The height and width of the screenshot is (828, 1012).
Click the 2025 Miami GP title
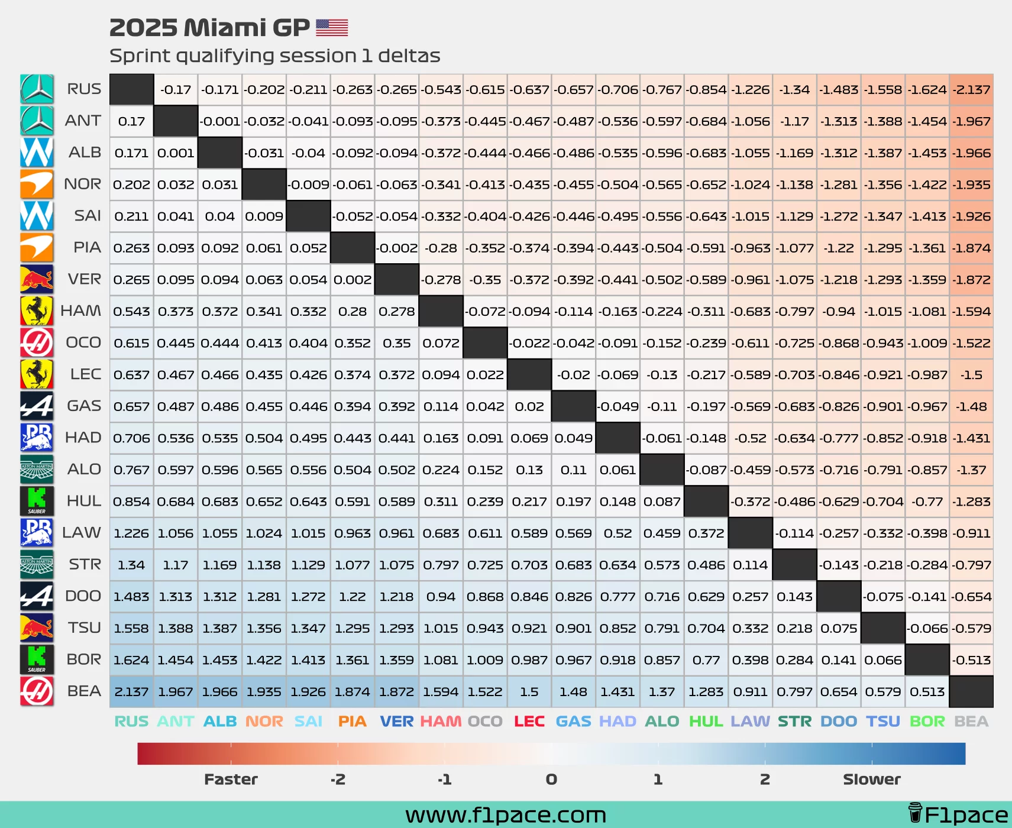pos(209,28)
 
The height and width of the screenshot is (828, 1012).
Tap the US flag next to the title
pos(332,28)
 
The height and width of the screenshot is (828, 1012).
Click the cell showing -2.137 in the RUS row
pos(971,90)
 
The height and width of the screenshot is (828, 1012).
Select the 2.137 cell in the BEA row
pos(131,691)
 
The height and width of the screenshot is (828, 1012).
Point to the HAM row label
pos(81,310)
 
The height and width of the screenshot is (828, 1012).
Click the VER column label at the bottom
pos(396,722)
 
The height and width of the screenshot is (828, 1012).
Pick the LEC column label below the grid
pos(529,722)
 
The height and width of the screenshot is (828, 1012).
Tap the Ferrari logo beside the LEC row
pos(37,374)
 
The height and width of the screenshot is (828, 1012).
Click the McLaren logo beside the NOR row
pos(37,184)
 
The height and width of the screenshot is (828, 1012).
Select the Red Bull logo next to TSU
pos(37,628)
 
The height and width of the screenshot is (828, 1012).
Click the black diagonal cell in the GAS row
pos(573,406)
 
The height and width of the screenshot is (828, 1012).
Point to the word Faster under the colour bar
pos(231,780)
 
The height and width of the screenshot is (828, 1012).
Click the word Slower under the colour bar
pos(872,780)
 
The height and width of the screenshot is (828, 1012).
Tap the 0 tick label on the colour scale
pos(551,780)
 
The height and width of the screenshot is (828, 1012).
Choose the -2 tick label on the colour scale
pos(338,780)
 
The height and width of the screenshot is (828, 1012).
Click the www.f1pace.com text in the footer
pos(506,815)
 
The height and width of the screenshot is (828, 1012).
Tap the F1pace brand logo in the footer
pos(958,815)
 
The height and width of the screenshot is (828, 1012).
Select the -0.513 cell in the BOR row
pos(971,660)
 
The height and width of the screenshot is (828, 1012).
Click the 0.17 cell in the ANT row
pos(131,121)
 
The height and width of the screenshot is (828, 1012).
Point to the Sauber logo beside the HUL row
pos(37,501)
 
